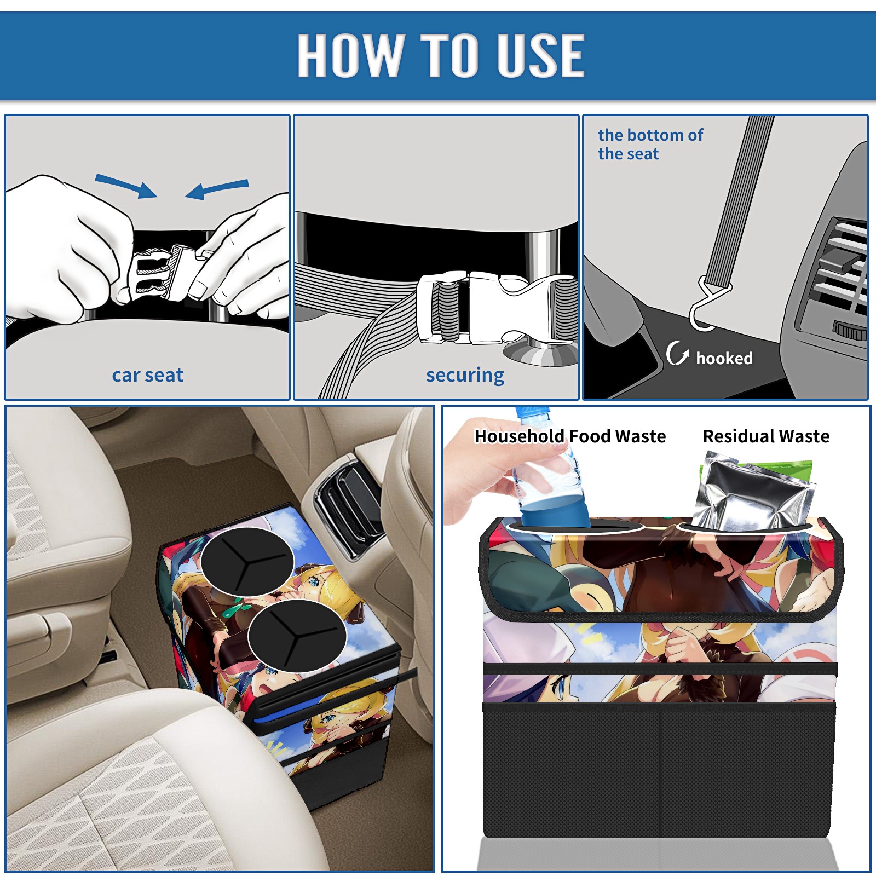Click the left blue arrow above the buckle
(x=126, y=186)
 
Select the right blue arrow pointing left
(x=217, y=189)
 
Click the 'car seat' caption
(x=147, y=375)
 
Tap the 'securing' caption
(x=465, y=375)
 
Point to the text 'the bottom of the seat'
(x=650, y=144)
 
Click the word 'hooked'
(x=724, y=358)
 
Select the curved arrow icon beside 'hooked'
(x=677, y=353)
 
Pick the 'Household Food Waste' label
(x=570, y=436)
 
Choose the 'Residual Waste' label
(x=766, y=436)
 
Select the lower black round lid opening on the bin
(x=297, y=636)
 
